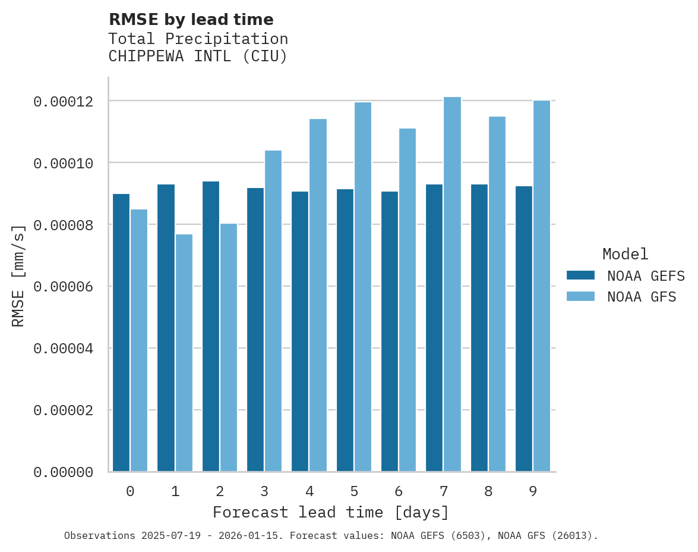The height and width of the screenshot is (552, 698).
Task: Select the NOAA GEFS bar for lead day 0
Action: [121, 333]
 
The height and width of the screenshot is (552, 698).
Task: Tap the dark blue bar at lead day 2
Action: [211, 327]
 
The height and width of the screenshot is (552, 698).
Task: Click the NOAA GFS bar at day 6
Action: [408, 300]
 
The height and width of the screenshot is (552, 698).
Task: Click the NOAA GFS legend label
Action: [642, 297]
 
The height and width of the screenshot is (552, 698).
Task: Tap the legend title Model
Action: [625, 254]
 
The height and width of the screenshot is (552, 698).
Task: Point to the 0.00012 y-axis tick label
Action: [64, 102]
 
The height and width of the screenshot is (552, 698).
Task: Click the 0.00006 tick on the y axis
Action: [64, 287]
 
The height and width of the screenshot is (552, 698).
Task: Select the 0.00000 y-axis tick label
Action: [64, 472]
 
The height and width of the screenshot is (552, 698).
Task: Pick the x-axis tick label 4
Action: [309, 491]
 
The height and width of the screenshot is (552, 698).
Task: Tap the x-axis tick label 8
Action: [488, 491]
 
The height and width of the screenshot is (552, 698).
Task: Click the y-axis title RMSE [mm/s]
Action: [18, 275]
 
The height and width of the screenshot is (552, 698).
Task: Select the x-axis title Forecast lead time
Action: [331, 512]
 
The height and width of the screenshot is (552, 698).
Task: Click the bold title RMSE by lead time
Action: [191, 20]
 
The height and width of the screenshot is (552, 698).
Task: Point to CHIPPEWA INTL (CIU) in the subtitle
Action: [198, 57]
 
